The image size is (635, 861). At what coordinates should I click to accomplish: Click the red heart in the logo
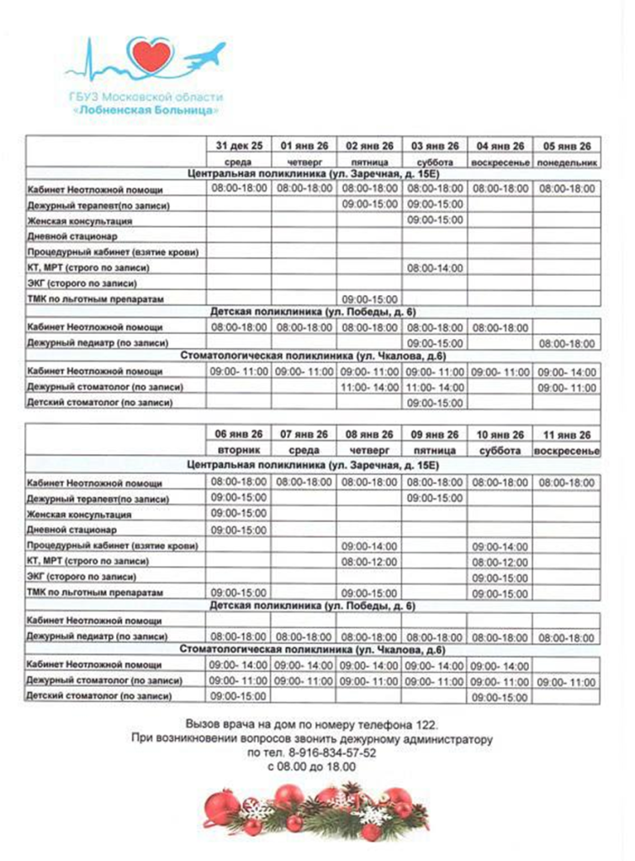154,56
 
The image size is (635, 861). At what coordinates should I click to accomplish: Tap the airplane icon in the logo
206,56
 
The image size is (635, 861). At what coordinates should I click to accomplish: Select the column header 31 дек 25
240,145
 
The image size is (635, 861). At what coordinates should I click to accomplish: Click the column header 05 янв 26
567,145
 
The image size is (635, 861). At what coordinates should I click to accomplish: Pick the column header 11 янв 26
567,435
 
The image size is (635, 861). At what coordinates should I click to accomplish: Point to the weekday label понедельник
567,161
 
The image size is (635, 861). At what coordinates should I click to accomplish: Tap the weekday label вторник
240,451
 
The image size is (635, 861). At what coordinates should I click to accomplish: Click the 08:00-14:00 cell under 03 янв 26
435,267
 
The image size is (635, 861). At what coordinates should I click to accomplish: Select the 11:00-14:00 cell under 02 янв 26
369,387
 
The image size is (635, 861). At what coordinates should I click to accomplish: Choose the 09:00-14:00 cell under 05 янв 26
567,372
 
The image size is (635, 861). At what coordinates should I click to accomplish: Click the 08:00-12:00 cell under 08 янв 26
369,562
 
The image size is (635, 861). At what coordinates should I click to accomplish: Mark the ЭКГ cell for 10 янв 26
500,578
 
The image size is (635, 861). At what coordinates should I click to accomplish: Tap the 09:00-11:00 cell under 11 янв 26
567,680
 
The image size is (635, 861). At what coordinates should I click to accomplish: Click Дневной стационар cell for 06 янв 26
240,530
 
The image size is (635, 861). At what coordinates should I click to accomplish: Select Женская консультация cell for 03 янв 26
435,220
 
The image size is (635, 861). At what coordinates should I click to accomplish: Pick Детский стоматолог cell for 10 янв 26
500,697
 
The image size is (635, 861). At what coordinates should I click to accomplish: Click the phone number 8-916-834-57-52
324,753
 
